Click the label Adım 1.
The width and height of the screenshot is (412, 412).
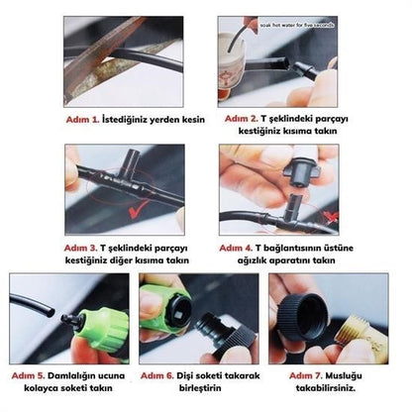(x=83, y=119)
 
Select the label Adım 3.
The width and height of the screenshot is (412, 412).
(x=83, y=247)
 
